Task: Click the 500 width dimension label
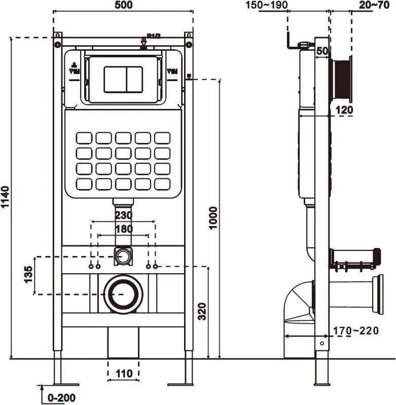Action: [123, 6]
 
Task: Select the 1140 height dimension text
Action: [6, 198]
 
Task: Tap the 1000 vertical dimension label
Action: [213, 218]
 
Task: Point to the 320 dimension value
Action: [201, 310]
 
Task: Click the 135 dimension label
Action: [29, 275]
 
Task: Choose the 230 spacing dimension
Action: [123, 215]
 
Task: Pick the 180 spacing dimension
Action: [123, 229]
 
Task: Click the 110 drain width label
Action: [123, 374]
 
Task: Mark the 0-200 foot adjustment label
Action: [62, 397]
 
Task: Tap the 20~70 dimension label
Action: [375, 6]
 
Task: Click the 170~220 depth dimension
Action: [355, 331]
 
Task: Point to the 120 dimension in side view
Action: [343, 109]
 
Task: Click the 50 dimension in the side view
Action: [321, 51]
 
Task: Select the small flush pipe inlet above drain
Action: [122, 256]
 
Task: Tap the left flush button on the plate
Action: [114, 79]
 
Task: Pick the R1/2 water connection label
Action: [154, 35]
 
